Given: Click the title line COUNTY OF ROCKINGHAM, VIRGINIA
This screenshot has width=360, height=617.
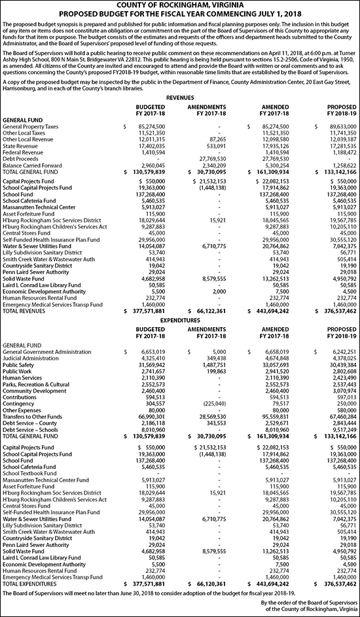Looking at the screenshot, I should pos(179,5).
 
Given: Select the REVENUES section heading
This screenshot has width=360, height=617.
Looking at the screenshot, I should pos(179,96).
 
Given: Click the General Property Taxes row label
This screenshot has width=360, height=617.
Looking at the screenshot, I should pos(30,126).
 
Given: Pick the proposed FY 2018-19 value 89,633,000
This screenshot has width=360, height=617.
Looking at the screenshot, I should pos(338,126).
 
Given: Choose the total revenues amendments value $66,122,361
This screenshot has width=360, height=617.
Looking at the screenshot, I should pos(207,312).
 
